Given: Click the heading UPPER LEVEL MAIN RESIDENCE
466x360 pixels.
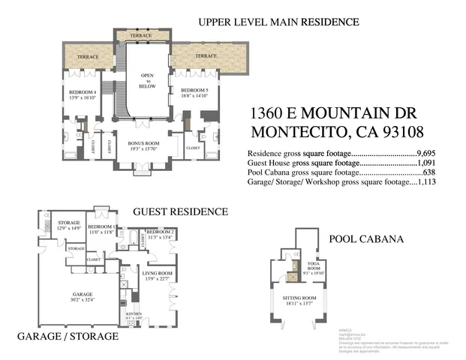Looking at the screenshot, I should point(278,22).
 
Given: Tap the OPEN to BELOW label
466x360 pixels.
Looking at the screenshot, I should point(147,81).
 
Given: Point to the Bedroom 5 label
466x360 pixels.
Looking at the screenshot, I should point(193,93).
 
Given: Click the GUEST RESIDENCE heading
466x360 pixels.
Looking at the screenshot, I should point(180,212).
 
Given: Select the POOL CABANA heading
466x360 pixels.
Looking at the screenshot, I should point(366,239).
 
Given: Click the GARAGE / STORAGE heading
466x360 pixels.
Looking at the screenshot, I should point(68,337).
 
